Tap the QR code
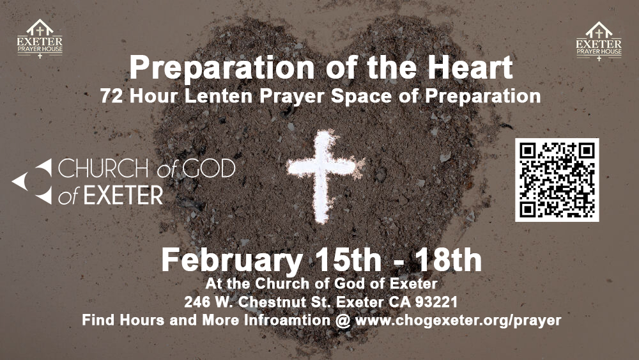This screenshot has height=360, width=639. point(557,180)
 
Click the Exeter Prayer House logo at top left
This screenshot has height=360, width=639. point(40,39)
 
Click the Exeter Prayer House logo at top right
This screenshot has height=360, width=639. point(599,41)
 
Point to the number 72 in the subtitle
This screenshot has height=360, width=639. point(111,96)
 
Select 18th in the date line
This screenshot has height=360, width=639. point(449,260)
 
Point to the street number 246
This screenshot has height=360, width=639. point(195,302)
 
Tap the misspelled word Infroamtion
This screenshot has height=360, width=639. point(287,320)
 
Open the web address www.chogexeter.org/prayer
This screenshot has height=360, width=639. point(458,320)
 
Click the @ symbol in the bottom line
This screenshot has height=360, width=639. point(343,320)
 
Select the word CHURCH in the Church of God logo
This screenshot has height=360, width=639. point(104,168)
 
